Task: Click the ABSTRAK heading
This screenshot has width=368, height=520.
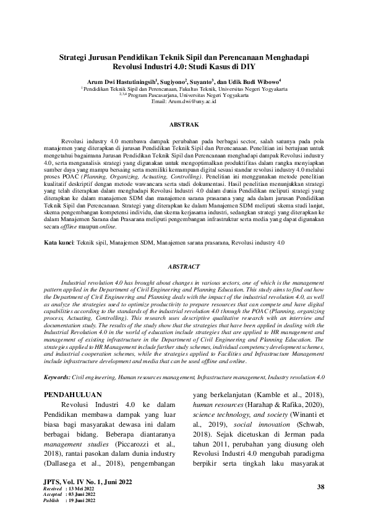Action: click(x=184, y=124)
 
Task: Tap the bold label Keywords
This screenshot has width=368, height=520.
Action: click(x=61, y=376)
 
